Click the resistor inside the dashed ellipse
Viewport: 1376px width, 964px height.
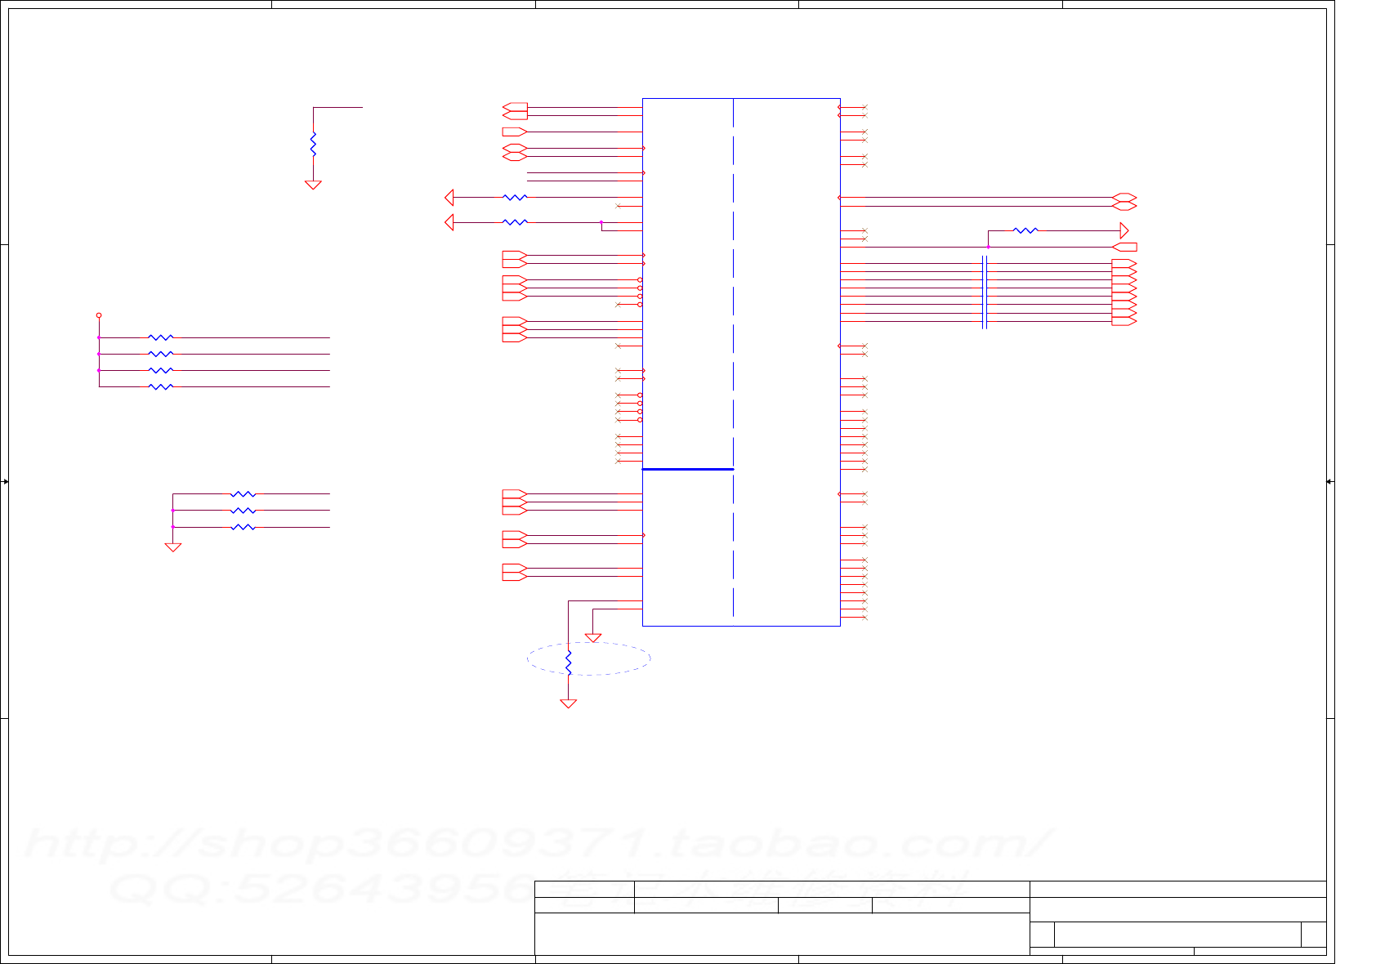(569, 663)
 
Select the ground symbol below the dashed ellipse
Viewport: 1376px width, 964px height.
(569, 703)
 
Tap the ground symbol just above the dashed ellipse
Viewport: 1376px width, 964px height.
(593, 637)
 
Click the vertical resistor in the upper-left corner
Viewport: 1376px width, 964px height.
(313, 144)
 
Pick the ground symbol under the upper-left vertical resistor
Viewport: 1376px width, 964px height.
(313, 185)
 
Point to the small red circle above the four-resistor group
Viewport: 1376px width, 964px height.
(99, 315)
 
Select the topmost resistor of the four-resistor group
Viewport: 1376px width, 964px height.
(161, 337)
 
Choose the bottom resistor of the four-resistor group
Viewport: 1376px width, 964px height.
(161, 386)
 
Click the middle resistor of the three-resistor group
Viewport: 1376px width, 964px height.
(243, 511)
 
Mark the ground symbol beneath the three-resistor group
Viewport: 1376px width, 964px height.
(173, 547)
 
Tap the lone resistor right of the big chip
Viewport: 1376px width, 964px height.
(1025, 230)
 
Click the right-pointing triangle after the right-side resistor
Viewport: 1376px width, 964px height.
(1124, 230)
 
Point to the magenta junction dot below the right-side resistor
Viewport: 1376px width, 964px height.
(988, 247)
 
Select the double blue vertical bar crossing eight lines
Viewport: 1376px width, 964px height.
(985, 292)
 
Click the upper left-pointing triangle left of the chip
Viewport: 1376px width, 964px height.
(449, 197)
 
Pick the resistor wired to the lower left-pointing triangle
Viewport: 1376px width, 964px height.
(515, 222)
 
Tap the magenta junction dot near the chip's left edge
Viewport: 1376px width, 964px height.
(601, 222)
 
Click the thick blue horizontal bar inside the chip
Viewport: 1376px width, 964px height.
(688, 469)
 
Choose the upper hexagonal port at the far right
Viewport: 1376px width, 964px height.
(1124, 197)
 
